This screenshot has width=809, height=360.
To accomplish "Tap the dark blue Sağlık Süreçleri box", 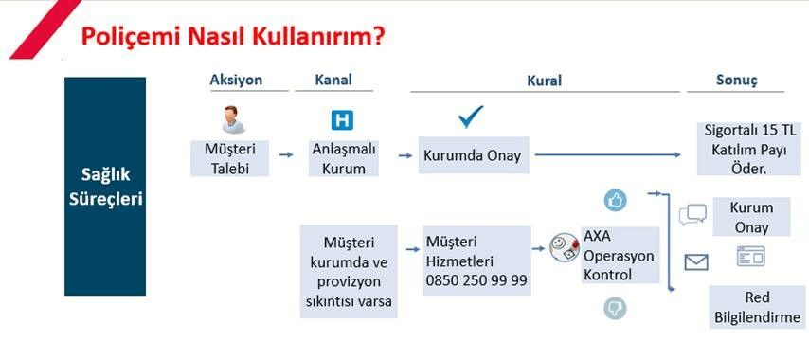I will click(105, 188).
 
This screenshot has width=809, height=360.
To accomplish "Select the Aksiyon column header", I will click(236, 81).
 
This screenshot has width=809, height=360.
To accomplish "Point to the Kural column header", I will click(544, 81).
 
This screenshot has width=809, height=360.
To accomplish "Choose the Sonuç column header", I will click(735, 81).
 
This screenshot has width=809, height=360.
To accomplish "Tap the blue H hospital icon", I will click(341, 120).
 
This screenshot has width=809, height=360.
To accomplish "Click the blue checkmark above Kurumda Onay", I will click(471, 117).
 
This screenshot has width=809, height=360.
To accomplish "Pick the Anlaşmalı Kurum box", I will click(345, 157).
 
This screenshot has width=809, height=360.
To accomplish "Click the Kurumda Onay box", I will click(473, 155).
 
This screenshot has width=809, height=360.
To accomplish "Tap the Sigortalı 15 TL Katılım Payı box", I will click(748, 148).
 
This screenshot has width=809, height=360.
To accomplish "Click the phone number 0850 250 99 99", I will click(476, 280).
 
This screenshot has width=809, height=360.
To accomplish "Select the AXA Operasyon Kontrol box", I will click(618, 255).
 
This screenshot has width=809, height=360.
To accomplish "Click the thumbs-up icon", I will click(615, 200).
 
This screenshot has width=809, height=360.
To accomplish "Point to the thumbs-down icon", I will click(615, 307).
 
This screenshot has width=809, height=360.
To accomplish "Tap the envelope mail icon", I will click(696, 262).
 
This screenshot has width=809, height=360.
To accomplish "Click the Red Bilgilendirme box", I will click(758, 307).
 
